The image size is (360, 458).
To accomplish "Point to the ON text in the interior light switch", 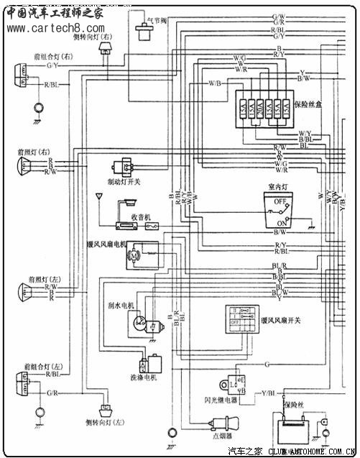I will (x=273, y=222).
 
